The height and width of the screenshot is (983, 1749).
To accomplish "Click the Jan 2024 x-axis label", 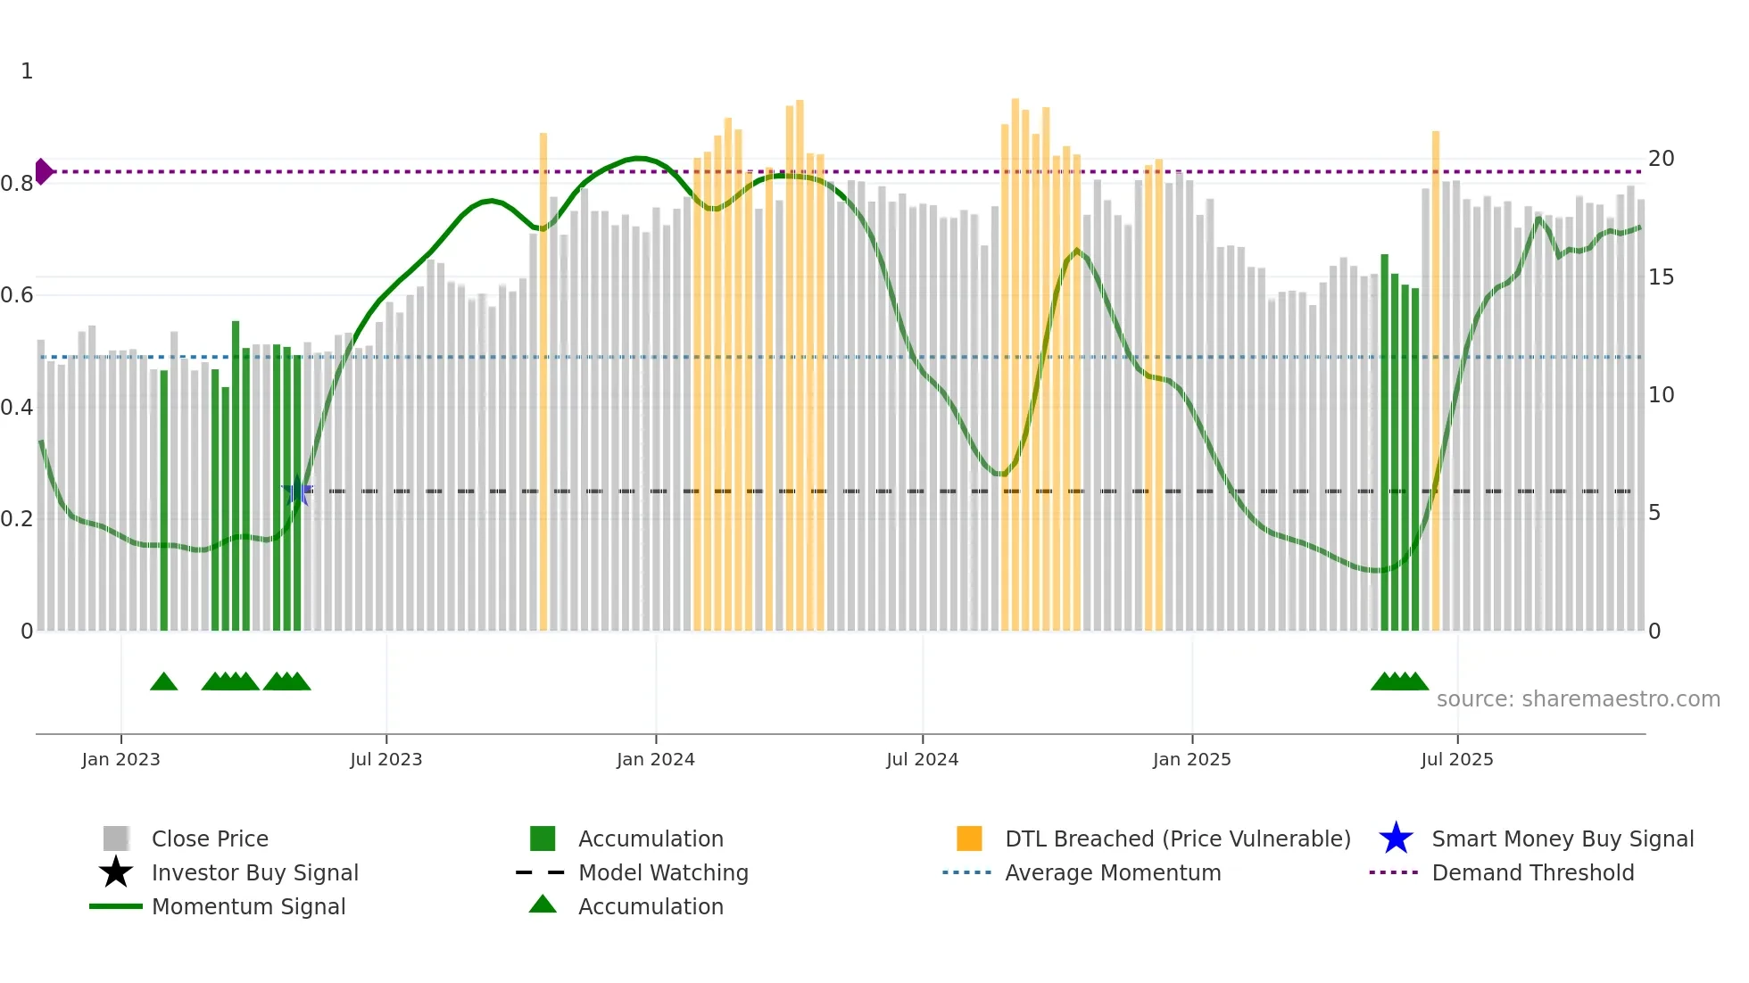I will [655, 759].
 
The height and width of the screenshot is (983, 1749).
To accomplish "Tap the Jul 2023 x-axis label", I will [385, 759].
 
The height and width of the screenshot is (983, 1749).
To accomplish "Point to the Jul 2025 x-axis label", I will [1456, 759].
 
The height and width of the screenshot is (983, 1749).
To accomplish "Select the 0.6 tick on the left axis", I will [17, 295].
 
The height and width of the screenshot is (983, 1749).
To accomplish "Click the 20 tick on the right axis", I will [1661, 159].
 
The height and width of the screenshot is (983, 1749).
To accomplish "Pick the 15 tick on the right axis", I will [1661, 277].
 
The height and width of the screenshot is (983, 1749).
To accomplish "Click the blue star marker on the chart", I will [297, 491].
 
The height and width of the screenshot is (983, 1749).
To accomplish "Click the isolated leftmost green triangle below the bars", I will [163, 681].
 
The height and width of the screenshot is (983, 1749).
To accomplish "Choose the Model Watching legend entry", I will [662, 872].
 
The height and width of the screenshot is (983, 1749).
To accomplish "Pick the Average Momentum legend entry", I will [1112, 872].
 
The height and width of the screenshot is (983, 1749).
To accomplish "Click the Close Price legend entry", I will [209, 838].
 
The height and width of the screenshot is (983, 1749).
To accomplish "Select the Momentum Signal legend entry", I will [247, 906].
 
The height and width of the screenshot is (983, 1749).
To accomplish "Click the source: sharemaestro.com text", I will [1578, 699].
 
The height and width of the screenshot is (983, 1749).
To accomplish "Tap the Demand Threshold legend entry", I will [1531, 872].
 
